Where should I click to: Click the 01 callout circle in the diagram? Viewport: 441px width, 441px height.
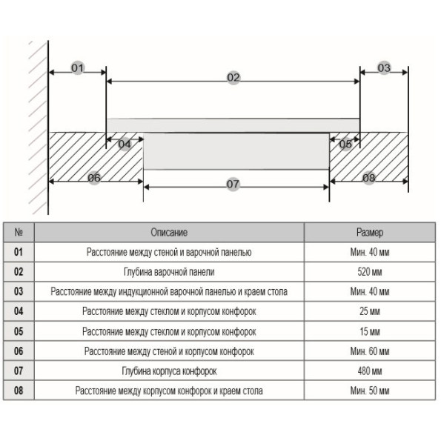(78, 67)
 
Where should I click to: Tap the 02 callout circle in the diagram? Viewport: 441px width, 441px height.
(233, 77)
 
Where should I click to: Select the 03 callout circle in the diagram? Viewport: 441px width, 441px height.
(384, 67)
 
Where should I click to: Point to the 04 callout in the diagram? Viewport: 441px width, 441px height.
(125, 145)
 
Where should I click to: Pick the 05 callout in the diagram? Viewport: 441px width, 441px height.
(345, 145)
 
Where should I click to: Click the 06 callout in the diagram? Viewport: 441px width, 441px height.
(94, 178)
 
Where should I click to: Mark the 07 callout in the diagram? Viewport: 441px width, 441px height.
(233, 185)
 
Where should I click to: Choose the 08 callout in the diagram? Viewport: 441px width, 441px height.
(368, 178)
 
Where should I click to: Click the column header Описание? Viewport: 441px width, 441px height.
(169, 233)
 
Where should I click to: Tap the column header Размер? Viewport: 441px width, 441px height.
(370, 233)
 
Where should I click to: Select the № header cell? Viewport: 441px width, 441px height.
(19, 232)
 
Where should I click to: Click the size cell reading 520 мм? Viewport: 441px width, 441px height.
(370, 272)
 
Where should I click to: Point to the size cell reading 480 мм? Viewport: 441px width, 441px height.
(370, 371)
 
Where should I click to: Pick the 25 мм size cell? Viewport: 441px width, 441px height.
(370, 311)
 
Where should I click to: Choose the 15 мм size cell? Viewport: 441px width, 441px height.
(370, 331)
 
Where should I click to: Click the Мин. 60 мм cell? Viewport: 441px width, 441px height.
(370, 351)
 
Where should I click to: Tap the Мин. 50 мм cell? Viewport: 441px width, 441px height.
(370, 391)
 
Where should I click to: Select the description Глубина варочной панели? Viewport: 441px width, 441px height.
(169, 272)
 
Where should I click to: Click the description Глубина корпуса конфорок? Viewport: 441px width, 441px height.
(169, 371)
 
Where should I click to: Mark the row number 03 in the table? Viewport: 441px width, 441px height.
(19, 291)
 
